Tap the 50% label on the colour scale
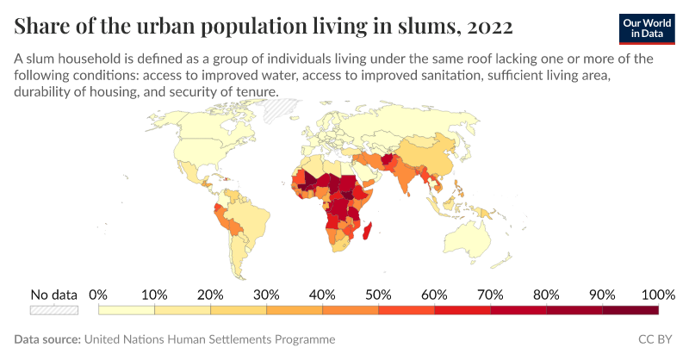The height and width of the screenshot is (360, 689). [378, 294]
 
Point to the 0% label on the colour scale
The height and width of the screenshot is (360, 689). [98, 294]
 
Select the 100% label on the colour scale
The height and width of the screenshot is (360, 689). [658, 294]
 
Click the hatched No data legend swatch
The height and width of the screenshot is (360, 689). [54, 310]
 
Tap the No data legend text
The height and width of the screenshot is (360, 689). [54, 294]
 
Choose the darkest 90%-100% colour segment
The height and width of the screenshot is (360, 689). [630, 310]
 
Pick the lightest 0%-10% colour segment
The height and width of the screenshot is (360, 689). [127, 310]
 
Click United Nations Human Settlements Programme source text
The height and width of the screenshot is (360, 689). [209, 340]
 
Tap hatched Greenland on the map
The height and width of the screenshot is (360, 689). [282, 110]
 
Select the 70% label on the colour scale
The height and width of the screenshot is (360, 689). [490, 294]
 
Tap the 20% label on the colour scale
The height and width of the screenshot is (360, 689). [210, 294]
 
